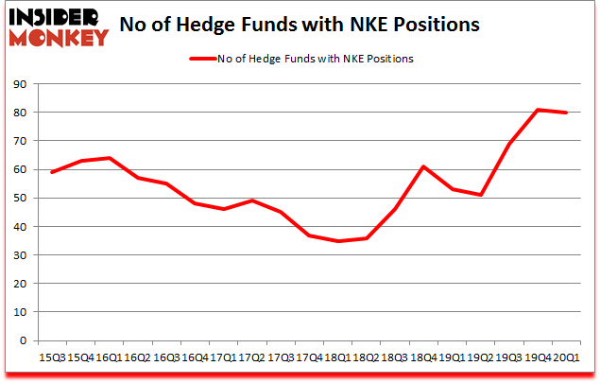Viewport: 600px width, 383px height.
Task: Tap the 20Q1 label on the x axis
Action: tap(565, 358)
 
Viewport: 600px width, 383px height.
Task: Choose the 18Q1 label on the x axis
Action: tap(337, 358)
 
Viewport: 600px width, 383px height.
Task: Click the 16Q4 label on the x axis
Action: tap(196, 358)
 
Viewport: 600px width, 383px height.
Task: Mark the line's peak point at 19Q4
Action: tap(537, 110)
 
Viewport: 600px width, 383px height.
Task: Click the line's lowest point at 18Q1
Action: tap(337, 241)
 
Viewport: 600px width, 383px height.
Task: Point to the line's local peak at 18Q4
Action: tap(423, 166)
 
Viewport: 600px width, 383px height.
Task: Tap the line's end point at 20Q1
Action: tap(565, 113)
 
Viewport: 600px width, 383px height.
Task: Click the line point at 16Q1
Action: tap(111, 158)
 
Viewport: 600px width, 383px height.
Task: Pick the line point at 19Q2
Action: tap(480, 195)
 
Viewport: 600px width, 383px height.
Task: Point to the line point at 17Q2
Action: tap(252, 200)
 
